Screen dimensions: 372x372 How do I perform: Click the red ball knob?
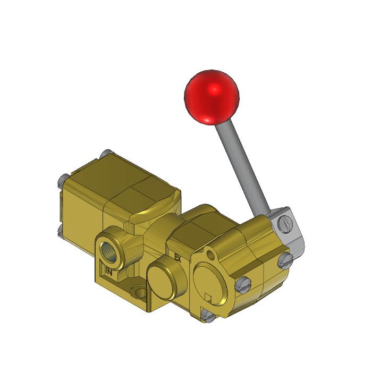coord(211,96)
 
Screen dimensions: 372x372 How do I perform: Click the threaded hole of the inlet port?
coord(112,248)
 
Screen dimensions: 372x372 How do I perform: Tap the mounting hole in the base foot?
coord(140,292)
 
